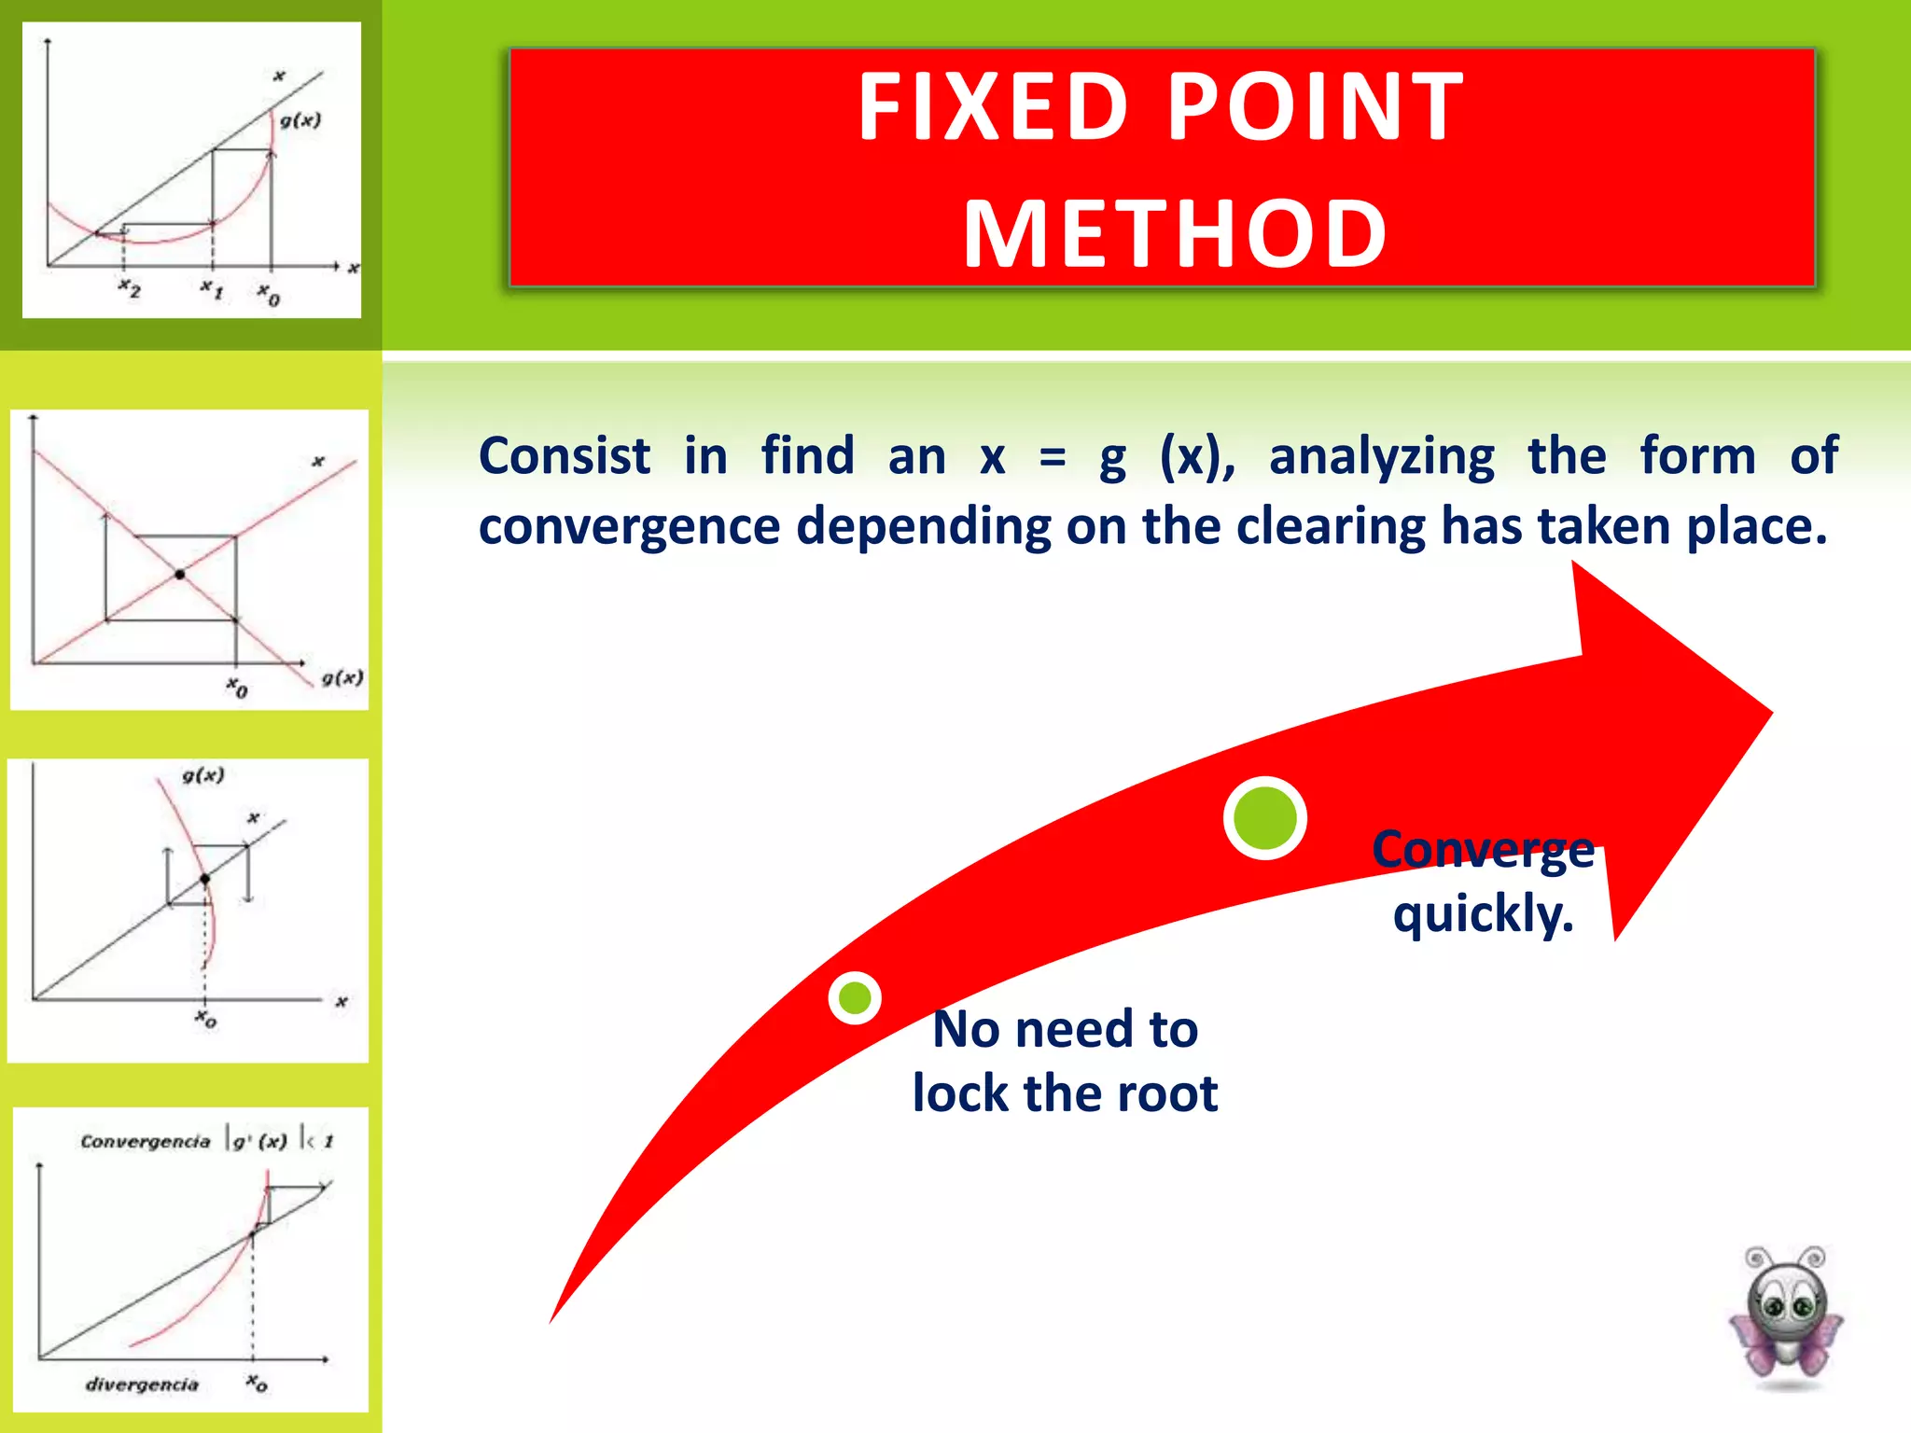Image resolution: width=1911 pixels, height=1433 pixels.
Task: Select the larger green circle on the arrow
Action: [x=1264, y=818]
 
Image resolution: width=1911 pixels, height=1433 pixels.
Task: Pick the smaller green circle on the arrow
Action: [x=855, y=998]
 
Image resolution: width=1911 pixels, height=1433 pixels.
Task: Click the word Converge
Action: [x=1483, y=850]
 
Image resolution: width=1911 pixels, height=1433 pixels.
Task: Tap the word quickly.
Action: [x=1483, y=913]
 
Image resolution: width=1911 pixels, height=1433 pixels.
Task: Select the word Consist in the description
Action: [x=564, y=456]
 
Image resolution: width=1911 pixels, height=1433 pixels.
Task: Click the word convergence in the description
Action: [x=629, y=527]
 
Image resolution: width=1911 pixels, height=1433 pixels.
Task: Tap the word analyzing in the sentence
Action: [x=1381, y=457]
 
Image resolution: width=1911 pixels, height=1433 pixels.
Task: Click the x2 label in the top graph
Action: [x=130, y=289]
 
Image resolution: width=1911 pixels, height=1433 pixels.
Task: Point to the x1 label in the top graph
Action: [x=212, y=289]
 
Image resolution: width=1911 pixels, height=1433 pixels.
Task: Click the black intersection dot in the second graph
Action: [x=180, y=575]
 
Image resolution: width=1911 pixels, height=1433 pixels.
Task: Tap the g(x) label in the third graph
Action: [x=203, y=775]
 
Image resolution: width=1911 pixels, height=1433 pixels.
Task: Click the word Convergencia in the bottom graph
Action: [x=146, y=1141]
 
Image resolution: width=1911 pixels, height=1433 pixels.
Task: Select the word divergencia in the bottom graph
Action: [x=142, y=1384]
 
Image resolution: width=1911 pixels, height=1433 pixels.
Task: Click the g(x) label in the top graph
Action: [x=300, y=120]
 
